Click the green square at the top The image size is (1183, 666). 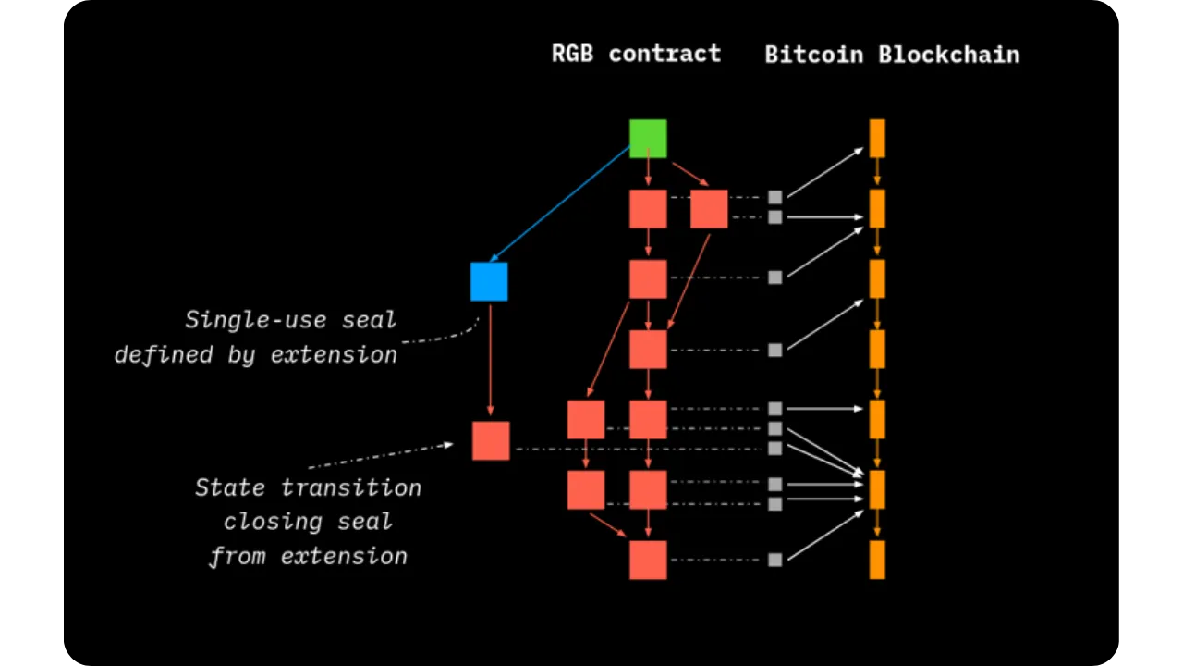[x=648, y=139]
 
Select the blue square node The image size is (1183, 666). [x=489, y=281]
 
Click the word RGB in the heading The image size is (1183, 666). [x=572, y=54]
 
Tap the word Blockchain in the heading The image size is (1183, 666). [x=949, y=55]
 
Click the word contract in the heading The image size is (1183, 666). [x=665, y=54]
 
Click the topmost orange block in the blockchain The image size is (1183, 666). [x=877, y=138]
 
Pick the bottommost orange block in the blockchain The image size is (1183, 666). [x=877, y=560]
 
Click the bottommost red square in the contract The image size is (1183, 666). [x=648, y=560]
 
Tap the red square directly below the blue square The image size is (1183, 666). [x=491, y=440]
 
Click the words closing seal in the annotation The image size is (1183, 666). [x=308, y=522]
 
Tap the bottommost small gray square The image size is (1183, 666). [x=774, y=560]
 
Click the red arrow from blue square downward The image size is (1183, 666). [x=490, y=361]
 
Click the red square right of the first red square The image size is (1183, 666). [x=709, y=209]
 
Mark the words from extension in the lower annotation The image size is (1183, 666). [x=308, y=556]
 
